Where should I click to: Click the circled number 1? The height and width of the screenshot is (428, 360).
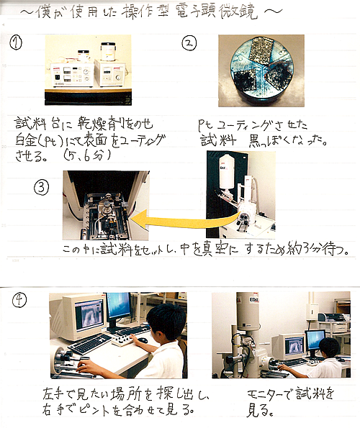16,42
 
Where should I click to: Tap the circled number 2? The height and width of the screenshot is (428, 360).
189,43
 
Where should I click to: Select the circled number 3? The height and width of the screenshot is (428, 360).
42,187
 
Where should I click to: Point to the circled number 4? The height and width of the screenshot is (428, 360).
19,301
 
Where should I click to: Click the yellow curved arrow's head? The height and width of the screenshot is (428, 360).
139,219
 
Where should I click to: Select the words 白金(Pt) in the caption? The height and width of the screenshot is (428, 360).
42,141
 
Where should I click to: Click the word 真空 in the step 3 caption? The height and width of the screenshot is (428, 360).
214,249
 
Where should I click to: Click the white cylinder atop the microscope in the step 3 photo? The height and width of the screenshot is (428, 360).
227,171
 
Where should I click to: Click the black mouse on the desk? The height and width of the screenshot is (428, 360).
143,340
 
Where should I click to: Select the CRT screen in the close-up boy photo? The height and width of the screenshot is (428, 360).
89,316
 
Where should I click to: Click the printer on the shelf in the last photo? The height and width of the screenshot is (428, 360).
333,317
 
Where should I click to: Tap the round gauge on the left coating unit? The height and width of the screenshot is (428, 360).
86,71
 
